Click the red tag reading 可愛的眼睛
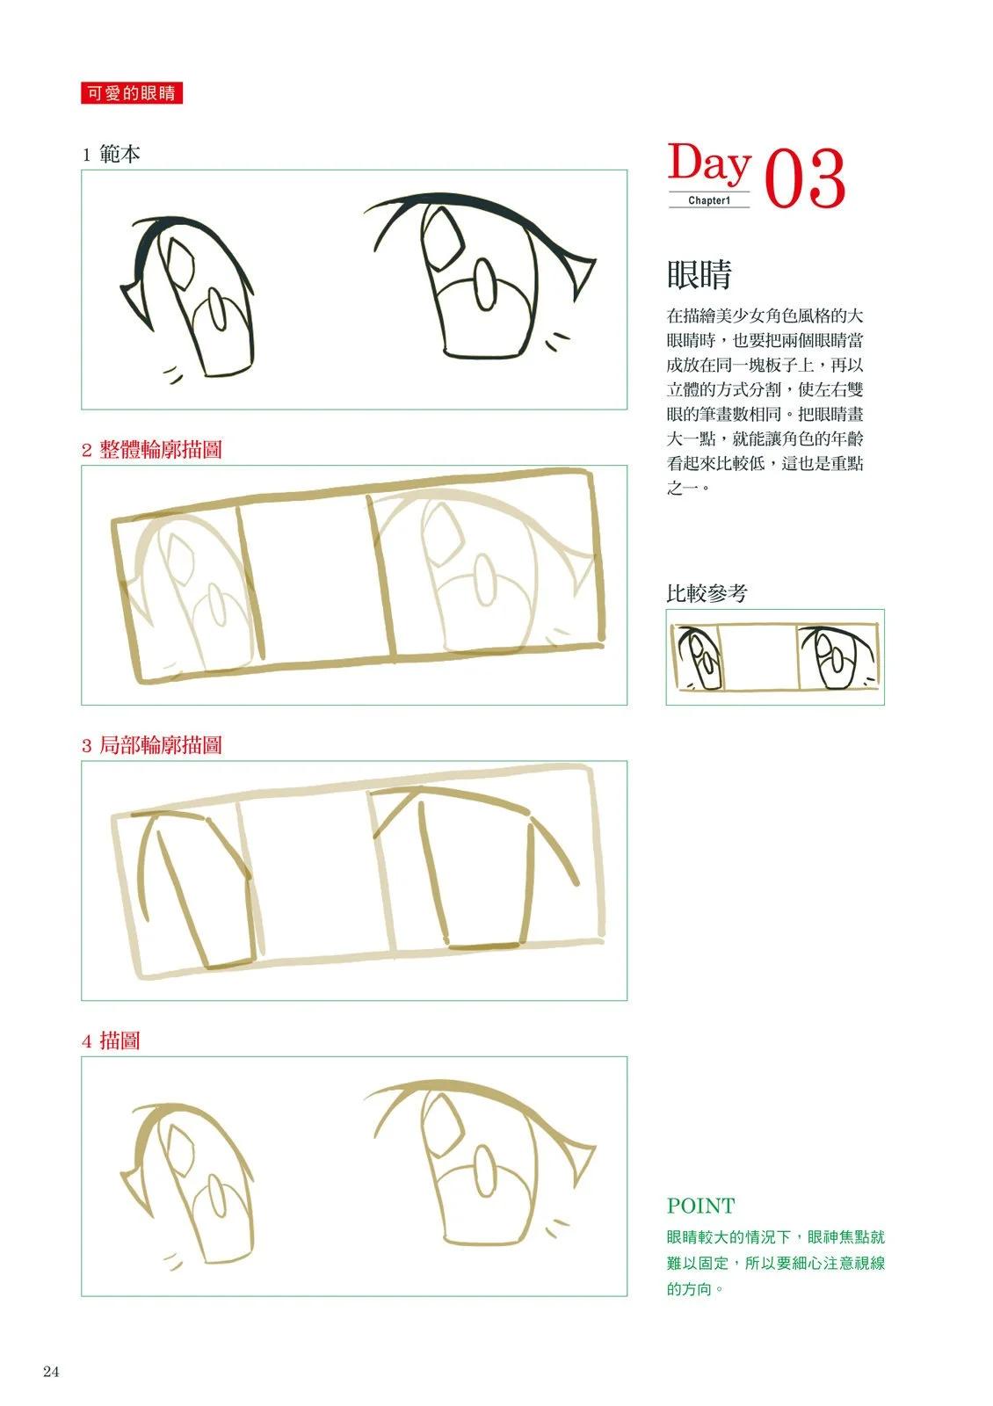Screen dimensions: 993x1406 (132, 93)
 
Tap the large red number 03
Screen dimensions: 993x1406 (805, 178)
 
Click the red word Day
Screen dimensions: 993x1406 (708, 163)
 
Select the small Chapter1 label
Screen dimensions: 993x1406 (709, 201)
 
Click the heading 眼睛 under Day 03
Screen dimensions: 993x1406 (699, 274)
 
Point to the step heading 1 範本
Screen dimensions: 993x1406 (111, 155)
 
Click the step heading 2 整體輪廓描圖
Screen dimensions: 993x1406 (152, 449)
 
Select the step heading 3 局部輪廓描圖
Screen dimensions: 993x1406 (152, 745)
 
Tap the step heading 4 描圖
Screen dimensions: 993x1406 (111, 1040)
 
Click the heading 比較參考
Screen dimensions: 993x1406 (707, 592)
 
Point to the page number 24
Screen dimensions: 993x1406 (51, 1372)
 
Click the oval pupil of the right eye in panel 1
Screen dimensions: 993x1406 (484, 286)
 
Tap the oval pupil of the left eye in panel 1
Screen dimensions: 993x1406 (216, 308)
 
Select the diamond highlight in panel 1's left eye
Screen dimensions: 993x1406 (178, 265)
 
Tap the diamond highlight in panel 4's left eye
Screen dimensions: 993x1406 (178, 1151)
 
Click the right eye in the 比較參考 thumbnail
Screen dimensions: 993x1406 (837, 656)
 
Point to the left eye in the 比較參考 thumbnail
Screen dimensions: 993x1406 (699, 658)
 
